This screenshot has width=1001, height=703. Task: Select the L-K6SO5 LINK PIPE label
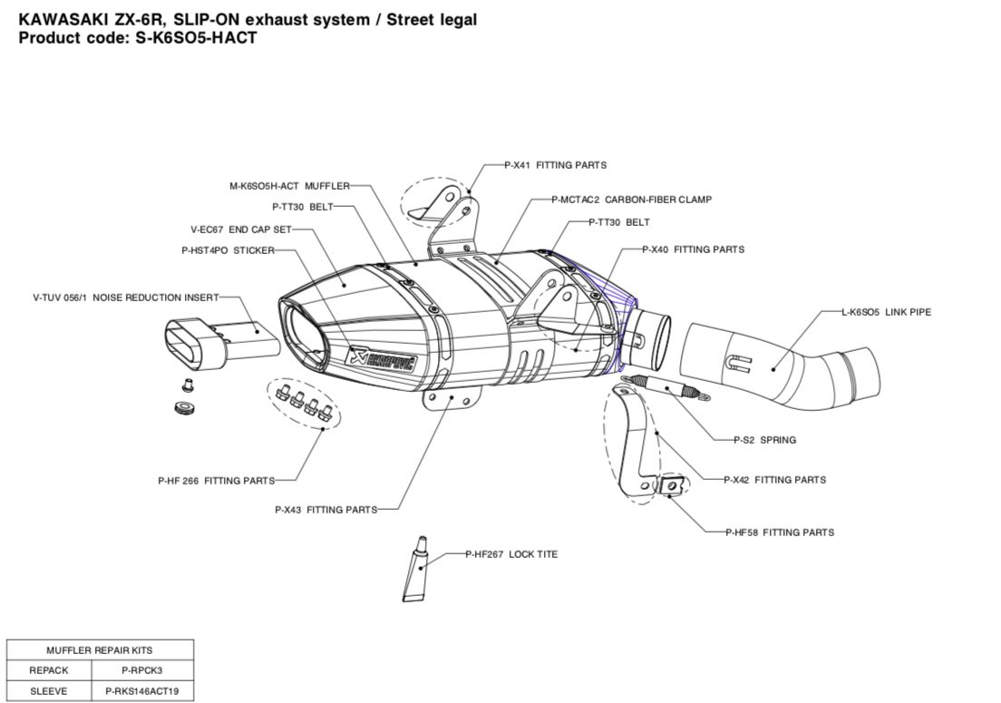click(x=886, y=312)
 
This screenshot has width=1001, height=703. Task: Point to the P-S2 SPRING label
click(x=764, y=440)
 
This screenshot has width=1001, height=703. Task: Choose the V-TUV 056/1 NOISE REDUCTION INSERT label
click(x=125, y=297)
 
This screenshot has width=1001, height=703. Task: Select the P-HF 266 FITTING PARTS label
click(x=216, y=481)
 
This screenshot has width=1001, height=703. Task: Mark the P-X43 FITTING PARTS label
click(x=326, y=510)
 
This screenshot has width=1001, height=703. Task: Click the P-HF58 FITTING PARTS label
click(x=780, y=532)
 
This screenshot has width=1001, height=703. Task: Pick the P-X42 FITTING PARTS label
click(x=774, y=480)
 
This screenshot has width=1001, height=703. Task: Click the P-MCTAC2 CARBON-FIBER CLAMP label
click(x=631, y=199)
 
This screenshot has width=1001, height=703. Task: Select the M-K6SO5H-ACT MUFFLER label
click(x=289, y=186)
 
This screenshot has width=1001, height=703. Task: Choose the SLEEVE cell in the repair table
click(x=49, y=691)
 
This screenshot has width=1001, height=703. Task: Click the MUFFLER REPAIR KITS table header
click(x=100, y=650)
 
